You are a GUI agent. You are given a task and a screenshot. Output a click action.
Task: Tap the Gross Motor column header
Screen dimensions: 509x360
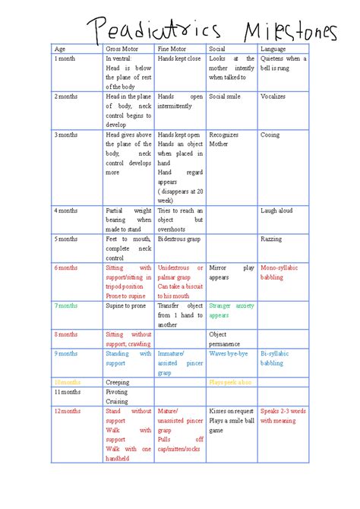click(x=122, y=49)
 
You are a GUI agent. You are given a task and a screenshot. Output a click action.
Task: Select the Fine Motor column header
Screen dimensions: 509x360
click(x=171, y=49)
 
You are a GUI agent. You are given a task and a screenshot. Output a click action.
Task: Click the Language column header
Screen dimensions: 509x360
click(x=273, y=49)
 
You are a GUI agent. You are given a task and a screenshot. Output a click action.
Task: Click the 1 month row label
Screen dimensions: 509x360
click(x=65, y=58)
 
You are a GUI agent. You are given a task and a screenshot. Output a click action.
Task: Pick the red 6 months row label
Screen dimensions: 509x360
click(x=66, y=267)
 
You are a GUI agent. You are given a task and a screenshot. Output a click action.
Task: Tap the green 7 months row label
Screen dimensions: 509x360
click(x=66, y=305)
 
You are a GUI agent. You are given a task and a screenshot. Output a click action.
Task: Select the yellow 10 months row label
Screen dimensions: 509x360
click(x=68, y=382)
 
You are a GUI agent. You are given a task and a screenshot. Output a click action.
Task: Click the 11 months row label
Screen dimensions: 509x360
click(x=67, y=392)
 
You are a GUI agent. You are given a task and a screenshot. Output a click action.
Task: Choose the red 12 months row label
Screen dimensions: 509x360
click(x=68, y=411)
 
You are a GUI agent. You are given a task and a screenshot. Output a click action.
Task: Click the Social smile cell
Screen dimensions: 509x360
click(x=224, y=97)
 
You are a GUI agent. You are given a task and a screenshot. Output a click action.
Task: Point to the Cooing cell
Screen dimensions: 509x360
click(x=270, y=135)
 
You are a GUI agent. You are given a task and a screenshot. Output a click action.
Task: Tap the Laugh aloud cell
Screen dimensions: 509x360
click(x=275, y=210)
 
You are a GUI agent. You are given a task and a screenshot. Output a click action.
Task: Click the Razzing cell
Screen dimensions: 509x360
click(x=271, y=239)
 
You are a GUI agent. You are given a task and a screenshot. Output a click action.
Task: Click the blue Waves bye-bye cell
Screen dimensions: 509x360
click(x=229, y=353)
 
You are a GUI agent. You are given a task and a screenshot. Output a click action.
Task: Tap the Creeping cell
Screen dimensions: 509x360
click(x=117, y=382)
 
